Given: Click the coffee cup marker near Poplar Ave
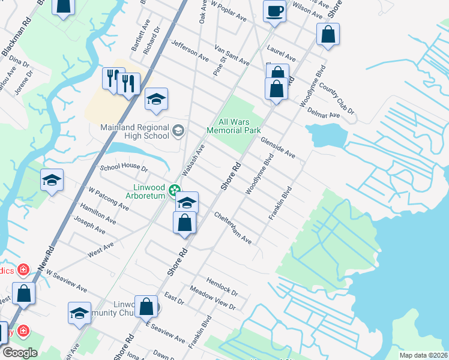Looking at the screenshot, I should (274, 12).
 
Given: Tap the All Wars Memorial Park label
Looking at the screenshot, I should (234, 126).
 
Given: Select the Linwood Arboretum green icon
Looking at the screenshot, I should (175, 191).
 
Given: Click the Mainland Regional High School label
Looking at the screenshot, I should (133, 131).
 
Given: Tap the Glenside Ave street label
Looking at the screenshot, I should (277, 147).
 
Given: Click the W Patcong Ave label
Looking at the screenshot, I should (109, 199).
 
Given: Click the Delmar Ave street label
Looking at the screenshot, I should (324, 114).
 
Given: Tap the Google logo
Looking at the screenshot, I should (19, 353).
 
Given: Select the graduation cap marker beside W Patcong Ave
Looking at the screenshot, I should (52, 181).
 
